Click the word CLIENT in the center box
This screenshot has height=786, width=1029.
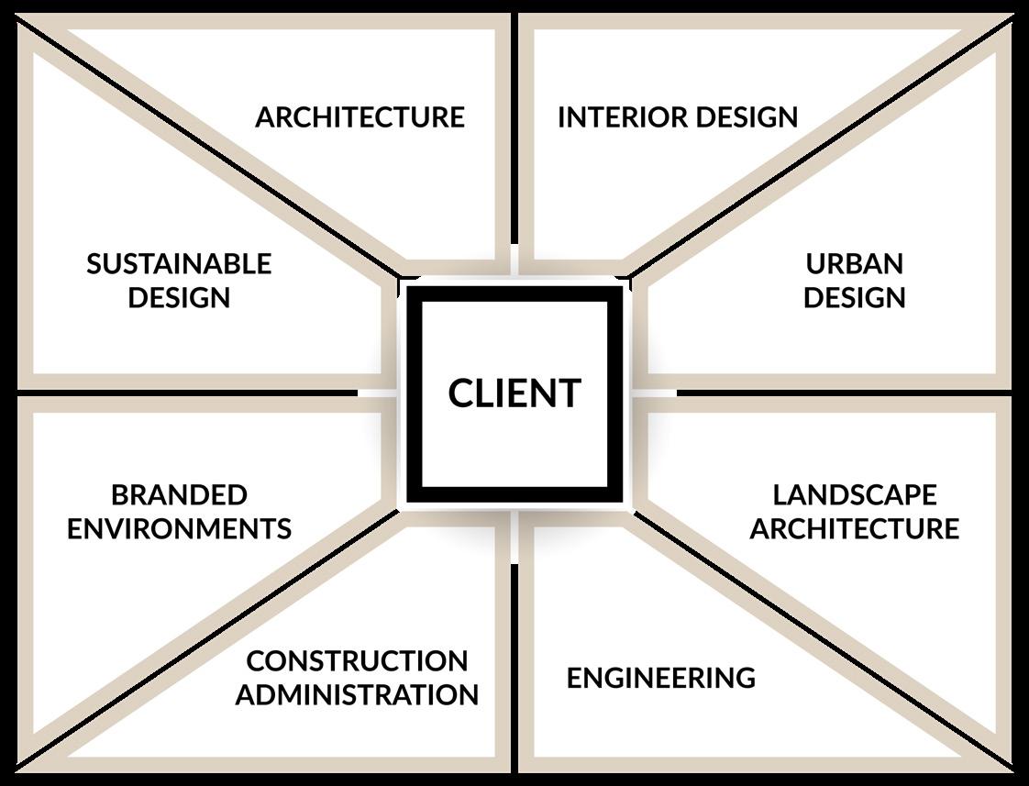pos(514,393)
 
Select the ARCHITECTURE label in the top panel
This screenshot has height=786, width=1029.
pos(360,117)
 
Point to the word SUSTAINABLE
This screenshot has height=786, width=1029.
pos(179,264)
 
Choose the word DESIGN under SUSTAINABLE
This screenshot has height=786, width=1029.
pos(179,298)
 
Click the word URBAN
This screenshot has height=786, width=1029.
pos(855,264)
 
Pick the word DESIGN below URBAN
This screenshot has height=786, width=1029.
pos(855,298)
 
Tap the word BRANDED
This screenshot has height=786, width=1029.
pos(179,495)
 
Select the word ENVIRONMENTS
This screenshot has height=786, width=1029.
pos(179,529)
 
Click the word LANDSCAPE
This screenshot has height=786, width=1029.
pos(855,495)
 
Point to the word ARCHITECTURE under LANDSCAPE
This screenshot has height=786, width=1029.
pos(855,529)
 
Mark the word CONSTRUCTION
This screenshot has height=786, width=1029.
pos(357,661)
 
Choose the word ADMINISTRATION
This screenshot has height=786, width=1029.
pos(357,695)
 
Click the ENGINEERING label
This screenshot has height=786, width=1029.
pos(660,679)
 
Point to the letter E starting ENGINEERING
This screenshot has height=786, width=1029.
pos(574,679)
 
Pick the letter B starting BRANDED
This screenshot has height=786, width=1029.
pos(120,495)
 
